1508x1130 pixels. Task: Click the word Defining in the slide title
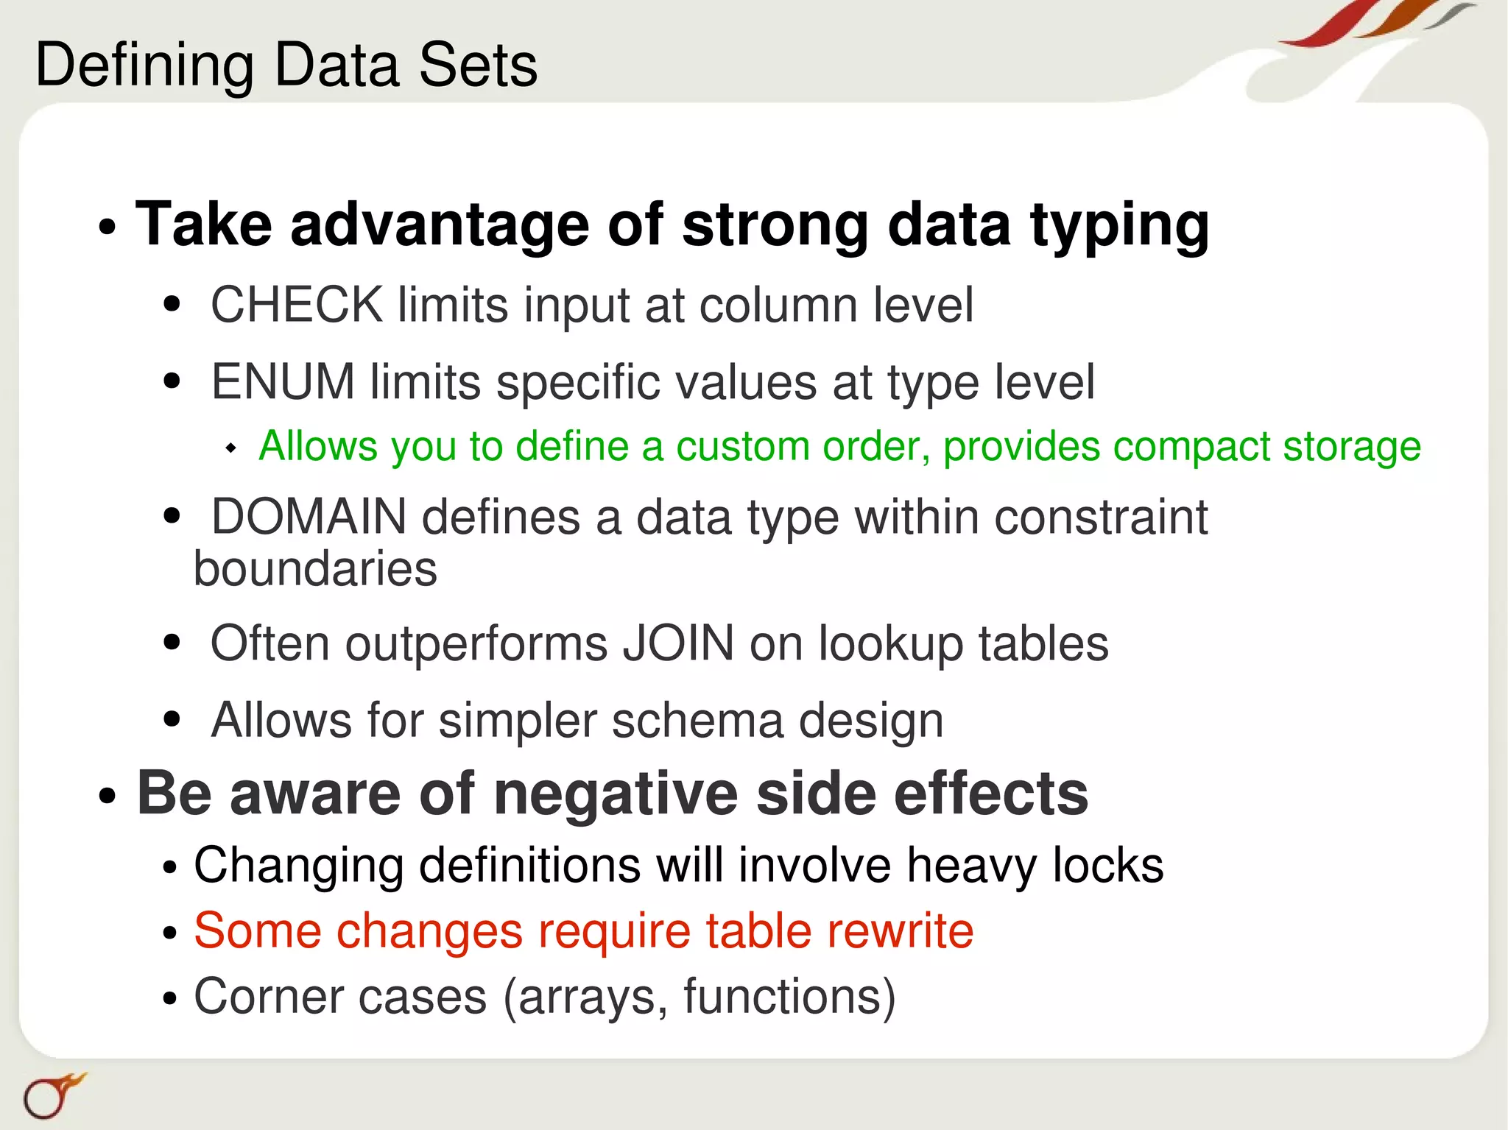click(144, 66)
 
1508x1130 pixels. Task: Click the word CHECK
click(297, 305)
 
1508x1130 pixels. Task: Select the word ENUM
click(283, 382)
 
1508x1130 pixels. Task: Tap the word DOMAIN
click(309, 517)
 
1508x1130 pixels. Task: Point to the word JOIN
click(678, 643)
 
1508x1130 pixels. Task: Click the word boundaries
click(315, 569)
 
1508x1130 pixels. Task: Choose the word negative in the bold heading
click(615, 794)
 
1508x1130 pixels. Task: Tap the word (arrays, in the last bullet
click(585, 997)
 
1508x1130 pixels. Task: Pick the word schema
click(697, 720)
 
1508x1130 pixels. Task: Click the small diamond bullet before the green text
click(231, 448)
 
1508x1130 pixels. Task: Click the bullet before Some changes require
click(170, 933)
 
